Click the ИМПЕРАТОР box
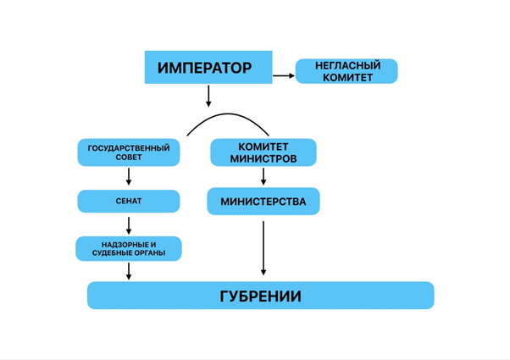coord(209,68)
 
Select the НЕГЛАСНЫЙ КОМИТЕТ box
coord(346,71)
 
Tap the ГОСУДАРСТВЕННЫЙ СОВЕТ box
coord(129,152)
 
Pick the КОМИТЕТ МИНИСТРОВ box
coord(263,152)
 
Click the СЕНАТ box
coord(129,201)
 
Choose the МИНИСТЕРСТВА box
coord(263,202)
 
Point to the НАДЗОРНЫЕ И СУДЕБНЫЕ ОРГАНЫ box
coord(129,248)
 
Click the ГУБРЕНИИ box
coord(261,296)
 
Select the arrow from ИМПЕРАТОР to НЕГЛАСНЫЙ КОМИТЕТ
coord(284,76)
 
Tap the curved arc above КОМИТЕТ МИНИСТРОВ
coord(227,116)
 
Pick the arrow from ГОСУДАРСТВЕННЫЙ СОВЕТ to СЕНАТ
coord(129,176)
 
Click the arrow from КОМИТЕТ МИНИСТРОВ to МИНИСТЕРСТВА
coord(263,176)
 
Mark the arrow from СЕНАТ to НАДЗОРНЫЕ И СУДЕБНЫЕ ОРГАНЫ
coord(129,225)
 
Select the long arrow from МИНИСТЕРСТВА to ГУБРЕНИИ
coord(263,247)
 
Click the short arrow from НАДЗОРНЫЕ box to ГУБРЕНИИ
coord(129,270)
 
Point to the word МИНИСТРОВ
coord(263,158)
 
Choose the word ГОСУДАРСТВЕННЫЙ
coord(129,148)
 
